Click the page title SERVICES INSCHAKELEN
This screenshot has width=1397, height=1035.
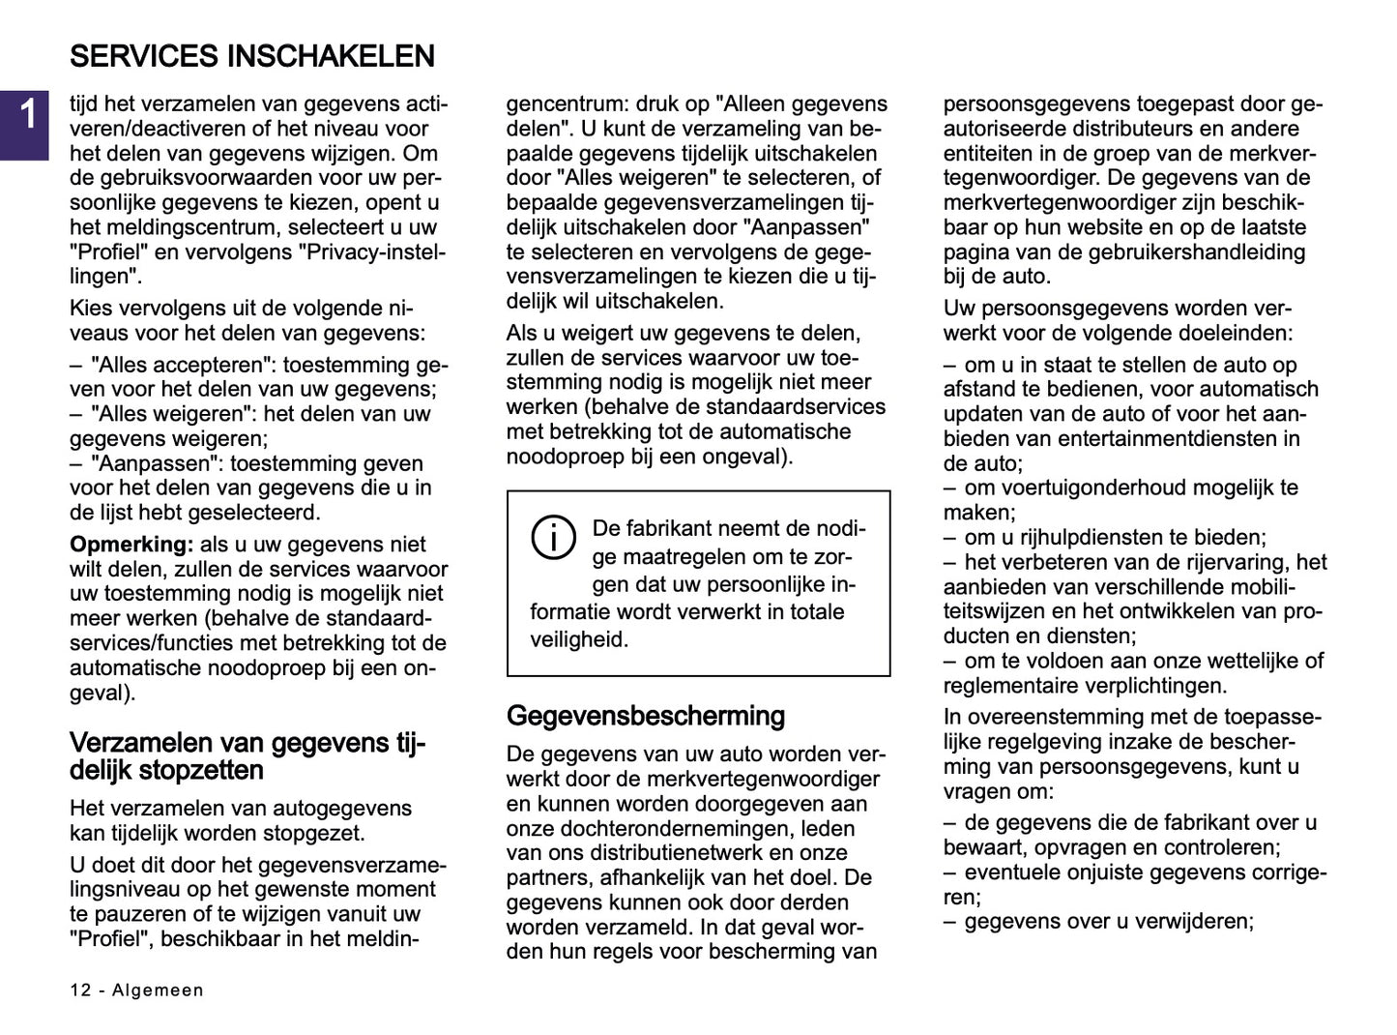(251, 56)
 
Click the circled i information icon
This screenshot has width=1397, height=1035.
(554, 538)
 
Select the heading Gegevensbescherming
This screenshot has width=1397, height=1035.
(645, 716)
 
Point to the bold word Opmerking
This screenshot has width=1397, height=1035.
(131, 545)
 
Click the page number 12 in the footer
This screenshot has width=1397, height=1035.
(80, 991)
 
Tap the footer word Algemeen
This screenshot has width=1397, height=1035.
(158, 991)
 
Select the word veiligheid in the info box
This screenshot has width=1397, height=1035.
(578, 639)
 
